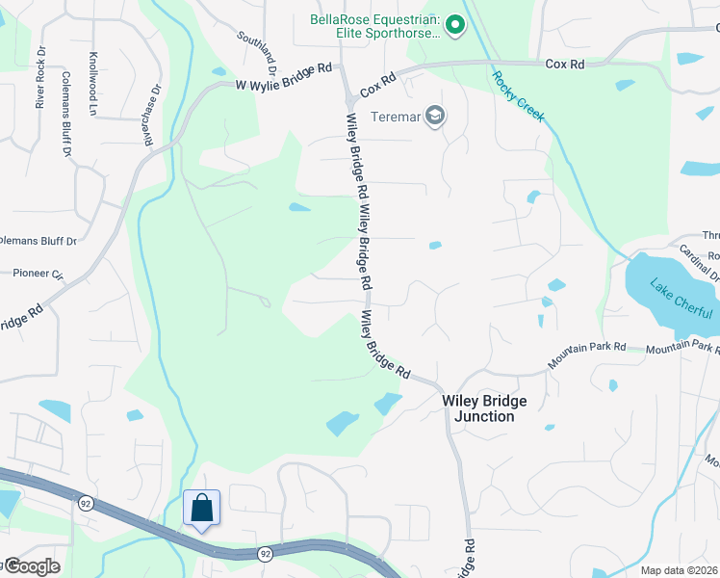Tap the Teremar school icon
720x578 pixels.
tap(437, 117)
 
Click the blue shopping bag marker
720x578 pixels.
tap(202, 508)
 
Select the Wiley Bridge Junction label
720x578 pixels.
tap(478, 408)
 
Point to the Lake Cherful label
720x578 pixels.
tap(681, 299)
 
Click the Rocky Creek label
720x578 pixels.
tap(518, 96)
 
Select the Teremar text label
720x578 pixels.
tap(396, 118)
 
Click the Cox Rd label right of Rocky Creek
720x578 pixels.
tap(565, 64)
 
